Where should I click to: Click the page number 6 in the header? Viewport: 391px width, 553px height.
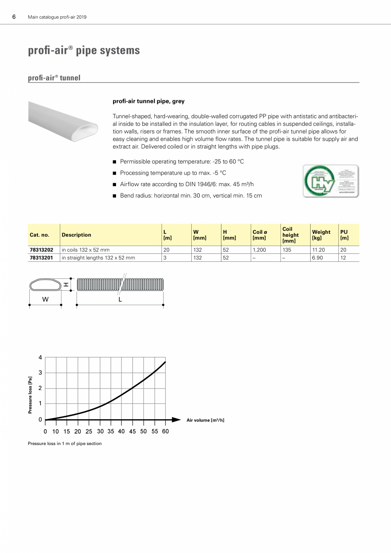pos(14,17)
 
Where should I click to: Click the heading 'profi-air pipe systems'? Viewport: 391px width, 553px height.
pos(84,51)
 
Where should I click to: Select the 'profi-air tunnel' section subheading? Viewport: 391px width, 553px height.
pos(54,78)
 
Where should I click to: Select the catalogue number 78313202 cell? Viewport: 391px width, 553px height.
pos(42,250)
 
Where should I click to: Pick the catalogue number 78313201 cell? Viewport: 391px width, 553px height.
pos(42,258)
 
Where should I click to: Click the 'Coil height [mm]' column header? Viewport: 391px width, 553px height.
pos(291,235)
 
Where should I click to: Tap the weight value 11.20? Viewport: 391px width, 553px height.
pos(318,250)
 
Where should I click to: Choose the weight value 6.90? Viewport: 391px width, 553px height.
pos(317,258)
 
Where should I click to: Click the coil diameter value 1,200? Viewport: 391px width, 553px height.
pos(259,250)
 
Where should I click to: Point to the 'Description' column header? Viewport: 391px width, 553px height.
pos(76,235)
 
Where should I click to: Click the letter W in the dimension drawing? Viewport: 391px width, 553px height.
pos(45,299)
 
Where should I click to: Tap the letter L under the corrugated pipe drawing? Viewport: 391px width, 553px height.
pos(120,299)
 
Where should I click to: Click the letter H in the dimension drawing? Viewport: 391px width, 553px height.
pos(66,284)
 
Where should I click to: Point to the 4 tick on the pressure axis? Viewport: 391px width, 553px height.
pos(40,357)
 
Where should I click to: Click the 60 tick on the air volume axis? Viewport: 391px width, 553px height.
pos(165,431)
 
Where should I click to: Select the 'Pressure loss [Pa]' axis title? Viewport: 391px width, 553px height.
pos(30,395)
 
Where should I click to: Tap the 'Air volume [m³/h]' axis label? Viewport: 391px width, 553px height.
pos(205,420)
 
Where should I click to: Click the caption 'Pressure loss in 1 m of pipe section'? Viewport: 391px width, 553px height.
pos(65,443)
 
